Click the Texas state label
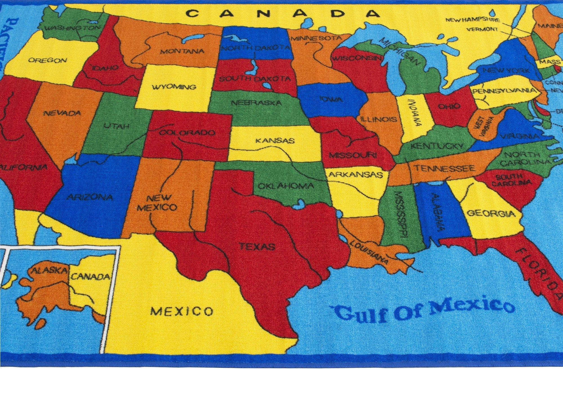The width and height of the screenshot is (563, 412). (x=257, y=247)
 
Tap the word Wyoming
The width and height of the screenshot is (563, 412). (x=174, y=87)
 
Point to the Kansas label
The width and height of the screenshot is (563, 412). (x=275, y=140)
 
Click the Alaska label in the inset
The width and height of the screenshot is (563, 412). (x=49, y=270)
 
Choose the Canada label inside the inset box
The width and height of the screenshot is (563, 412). (x=90, y=277)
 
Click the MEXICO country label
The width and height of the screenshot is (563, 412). (x=182, y=311)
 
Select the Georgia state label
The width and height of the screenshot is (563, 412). (x=491, y=214)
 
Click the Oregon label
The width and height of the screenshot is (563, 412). (x=48, y=60)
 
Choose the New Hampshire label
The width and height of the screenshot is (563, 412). (x=473, y=20)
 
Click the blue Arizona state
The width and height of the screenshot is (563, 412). (x=90, y=197)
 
